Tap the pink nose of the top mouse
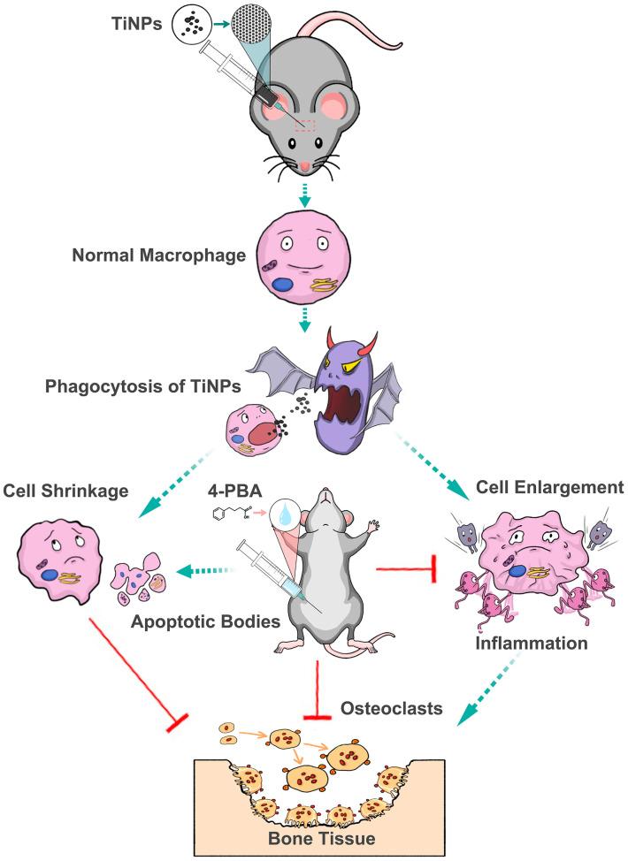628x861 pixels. [x=304, y=165]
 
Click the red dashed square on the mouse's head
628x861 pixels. [x=305, y=124]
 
